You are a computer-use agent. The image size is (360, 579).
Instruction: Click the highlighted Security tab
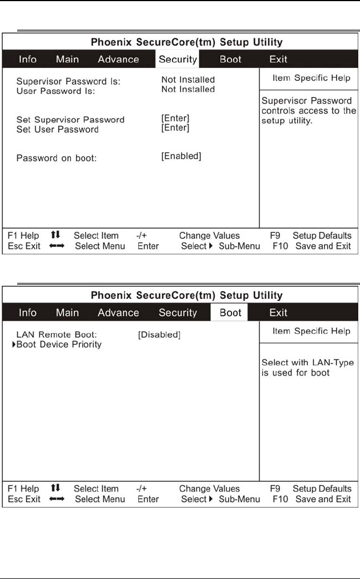[x=178, y=59]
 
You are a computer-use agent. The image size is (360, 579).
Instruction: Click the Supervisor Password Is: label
[x=69, y=81]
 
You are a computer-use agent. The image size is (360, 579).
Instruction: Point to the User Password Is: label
[x=55, y=90]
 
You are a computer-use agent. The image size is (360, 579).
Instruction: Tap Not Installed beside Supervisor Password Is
[x=188, y=80]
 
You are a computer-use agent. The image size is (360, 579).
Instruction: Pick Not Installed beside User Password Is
[x=188, y=89]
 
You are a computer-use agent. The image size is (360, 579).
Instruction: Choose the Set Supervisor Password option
[x=70, y=120]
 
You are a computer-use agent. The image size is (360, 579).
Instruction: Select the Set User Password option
[x=57, y=129]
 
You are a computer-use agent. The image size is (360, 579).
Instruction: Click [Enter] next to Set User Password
[x=175, y=127]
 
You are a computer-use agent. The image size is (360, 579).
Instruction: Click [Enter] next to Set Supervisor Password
[x=175, y=118]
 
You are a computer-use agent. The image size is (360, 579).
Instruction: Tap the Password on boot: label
[x=57, y=158]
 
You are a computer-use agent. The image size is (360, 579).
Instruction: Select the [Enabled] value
[x=181, y=156]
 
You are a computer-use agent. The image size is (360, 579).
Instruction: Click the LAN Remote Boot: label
[x=57, y=334]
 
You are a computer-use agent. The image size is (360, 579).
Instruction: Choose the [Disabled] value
[x=159, y=334]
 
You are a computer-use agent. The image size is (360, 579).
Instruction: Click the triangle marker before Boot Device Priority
[x=14, y=344]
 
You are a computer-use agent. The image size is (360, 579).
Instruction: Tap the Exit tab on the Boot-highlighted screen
[x=278, y=313]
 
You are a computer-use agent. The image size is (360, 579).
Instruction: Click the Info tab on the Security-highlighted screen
[x=27, y=59]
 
